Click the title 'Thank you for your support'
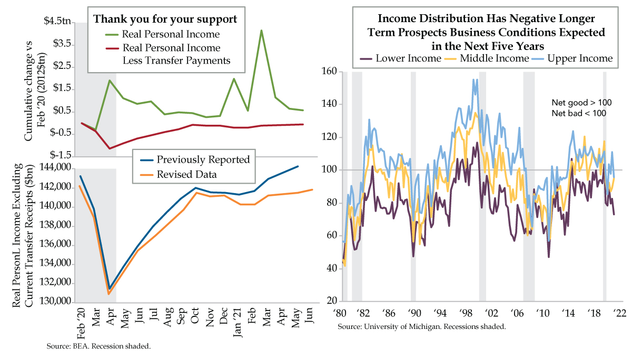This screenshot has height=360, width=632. pos(164,19)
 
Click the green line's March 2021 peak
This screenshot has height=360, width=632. pos(261,31)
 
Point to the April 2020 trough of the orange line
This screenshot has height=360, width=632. pos(108,294)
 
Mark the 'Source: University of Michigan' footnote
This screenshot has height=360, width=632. pos(422,327)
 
